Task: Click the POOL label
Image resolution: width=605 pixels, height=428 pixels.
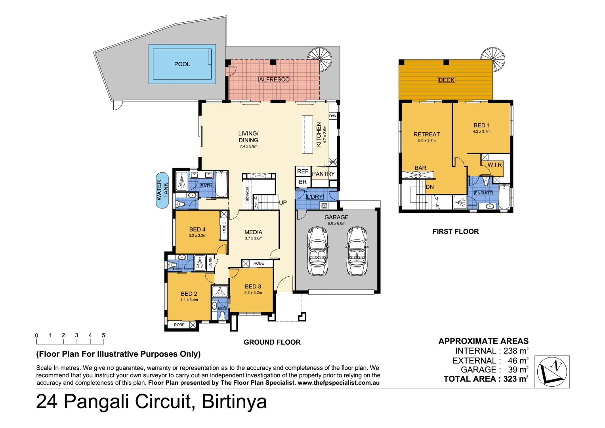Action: click(182, 64)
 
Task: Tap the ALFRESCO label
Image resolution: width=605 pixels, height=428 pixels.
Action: click(274, 80)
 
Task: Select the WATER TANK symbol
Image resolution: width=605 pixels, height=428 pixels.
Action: click(162, 190)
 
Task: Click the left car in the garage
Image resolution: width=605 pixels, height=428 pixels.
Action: click(317, 251)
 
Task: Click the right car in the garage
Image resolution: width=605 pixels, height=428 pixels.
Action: click(357, 251)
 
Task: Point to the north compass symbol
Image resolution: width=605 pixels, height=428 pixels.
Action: click(552, 372)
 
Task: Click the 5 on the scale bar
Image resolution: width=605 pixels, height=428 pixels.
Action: click(103, 335)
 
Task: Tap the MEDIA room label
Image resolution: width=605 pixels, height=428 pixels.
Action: click(253, 232)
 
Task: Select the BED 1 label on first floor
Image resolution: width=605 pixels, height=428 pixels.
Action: click(481, 125)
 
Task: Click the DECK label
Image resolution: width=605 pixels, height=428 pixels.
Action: click(447, 80)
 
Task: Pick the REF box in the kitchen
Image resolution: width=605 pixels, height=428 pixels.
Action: click(303, 171)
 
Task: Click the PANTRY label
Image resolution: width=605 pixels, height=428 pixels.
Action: click(323, 174)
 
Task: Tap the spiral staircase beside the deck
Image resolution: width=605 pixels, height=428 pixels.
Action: click(493, 59)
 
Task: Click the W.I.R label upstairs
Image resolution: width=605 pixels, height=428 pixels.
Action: click(494, 165)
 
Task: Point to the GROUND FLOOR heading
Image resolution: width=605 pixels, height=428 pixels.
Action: click(272, 342)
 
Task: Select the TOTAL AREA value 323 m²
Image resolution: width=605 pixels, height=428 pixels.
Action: click(516, 379)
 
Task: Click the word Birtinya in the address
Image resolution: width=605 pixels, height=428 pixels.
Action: click(234, 401)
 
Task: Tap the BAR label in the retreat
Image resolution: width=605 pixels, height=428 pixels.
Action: click(420, 168)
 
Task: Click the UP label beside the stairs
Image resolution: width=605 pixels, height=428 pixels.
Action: click(283, 203)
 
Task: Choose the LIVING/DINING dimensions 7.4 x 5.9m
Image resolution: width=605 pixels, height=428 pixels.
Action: click(248, 147)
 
